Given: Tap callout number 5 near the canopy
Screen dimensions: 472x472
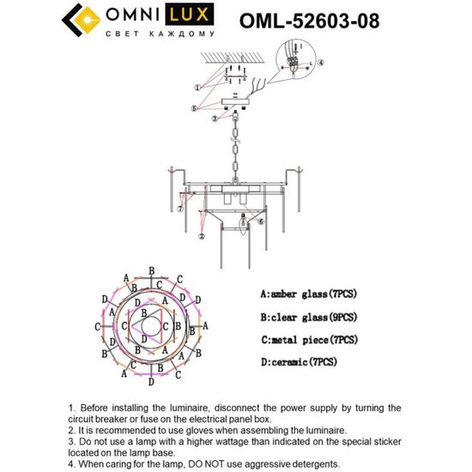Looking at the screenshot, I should point(195,108).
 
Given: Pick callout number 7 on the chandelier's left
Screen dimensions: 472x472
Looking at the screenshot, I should point(181,209).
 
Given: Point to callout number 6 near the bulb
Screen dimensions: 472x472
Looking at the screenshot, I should point(261,222).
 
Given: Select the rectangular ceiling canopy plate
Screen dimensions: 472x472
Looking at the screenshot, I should point(232,101).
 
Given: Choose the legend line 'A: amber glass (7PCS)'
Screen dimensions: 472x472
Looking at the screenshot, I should point(304,294).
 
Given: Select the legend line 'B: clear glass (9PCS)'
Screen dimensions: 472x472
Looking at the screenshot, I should point(304,318).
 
